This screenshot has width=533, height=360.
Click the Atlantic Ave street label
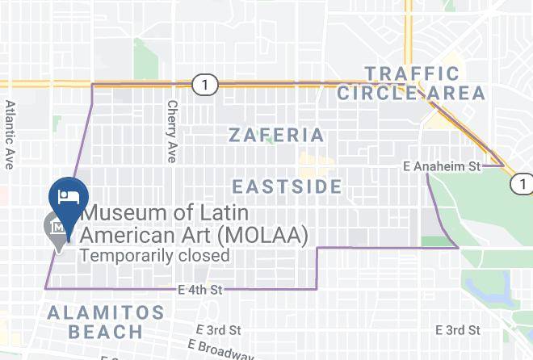coord(10,134)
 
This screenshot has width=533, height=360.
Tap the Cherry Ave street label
coord(171,131)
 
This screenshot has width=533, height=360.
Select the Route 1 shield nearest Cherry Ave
coord(205,83)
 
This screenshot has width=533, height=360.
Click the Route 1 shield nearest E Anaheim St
coord(521,186)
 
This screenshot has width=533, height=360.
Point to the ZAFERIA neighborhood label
coord(276,135)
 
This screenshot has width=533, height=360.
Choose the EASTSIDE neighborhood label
coord(287,187)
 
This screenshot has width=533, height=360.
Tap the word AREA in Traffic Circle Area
coord(458,94)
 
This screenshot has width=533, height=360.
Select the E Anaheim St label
coord(442,166)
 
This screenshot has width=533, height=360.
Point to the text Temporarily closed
coord(154,256)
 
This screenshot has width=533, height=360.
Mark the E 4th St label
coord(200,289)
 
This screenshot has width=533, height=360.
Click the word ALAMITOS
coord(105,312)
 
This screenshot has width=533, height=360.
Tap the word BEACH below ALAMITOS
coord(105,332)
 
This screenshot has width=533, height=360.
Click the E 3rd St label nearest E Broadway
coord(219,330)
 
